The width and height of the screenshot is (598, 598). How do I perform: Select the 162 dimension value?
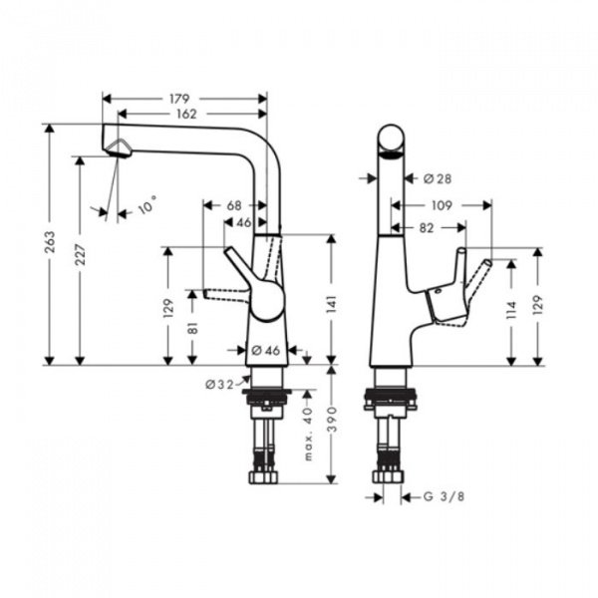(x=185, y=114)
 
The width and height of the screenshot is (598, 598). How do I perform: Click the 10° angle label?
(x=147, y=207)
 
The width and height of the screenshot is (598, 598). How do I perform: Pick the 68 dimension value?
(x=234, y=205)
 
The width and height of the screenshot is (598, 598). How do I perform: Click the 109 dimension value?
(x=442, y=205)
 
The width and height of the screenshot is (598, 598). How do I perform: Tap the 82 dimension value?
(x=427, y=228)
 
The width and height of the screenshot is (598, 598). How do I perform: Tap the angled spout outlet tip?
(x=119, y=149)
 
